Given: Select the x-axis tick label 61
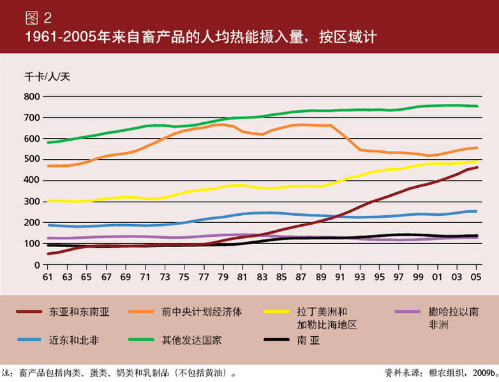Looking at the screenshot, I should [47, 278].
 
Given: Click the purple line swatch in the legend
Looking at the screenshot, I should [406, 313].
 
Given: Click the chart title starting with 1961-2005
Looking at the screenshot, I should [191, 38].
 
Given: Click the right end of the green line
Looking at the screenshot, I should [478, 106].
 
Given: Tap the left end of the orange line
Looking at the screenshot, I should [48, 166].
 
